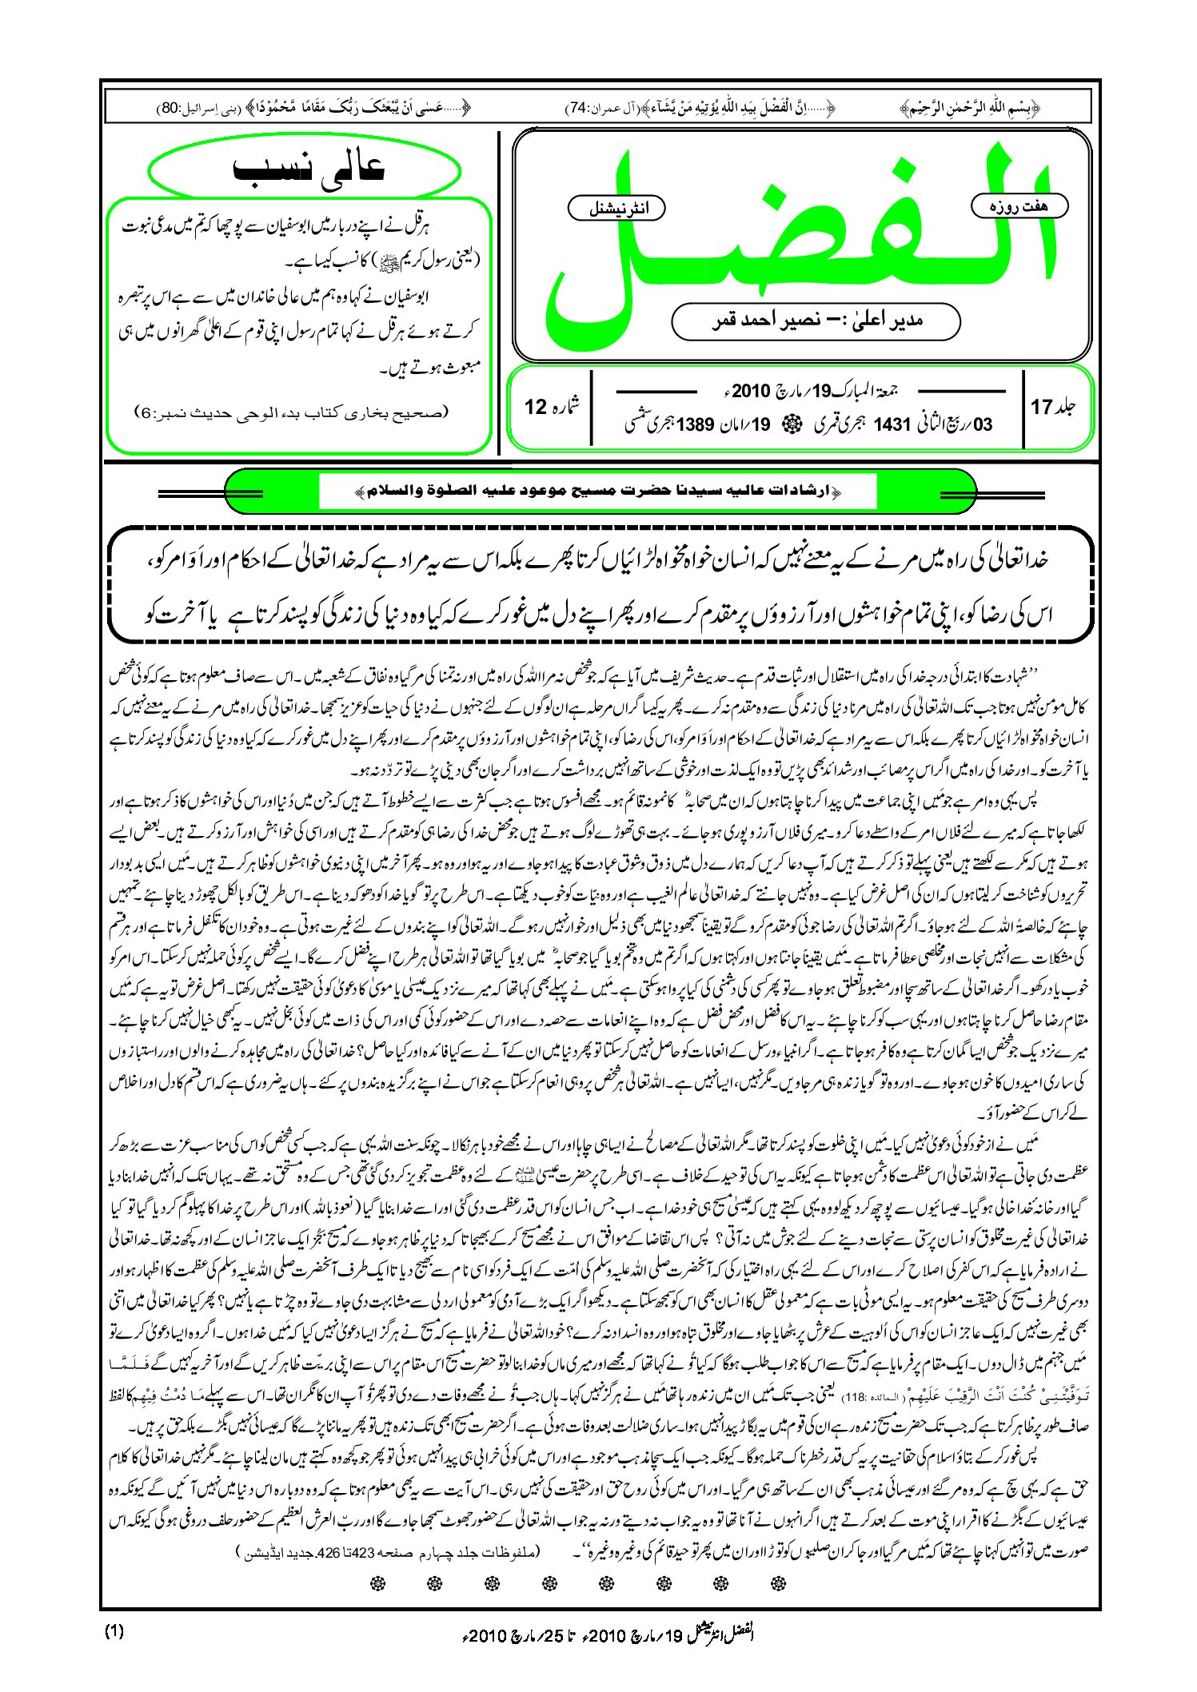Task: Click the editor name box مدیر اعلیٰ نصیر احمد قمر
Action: click(x=816, y=321)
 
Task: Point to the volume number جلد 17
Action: click(x=1053, y=407)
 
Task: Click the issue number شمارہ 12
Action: click(x=553, y=407)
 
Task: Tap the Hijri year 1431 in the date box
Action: click(x=892, y=424)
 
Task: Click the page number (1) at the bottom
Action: click(x=114, y=1631)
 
